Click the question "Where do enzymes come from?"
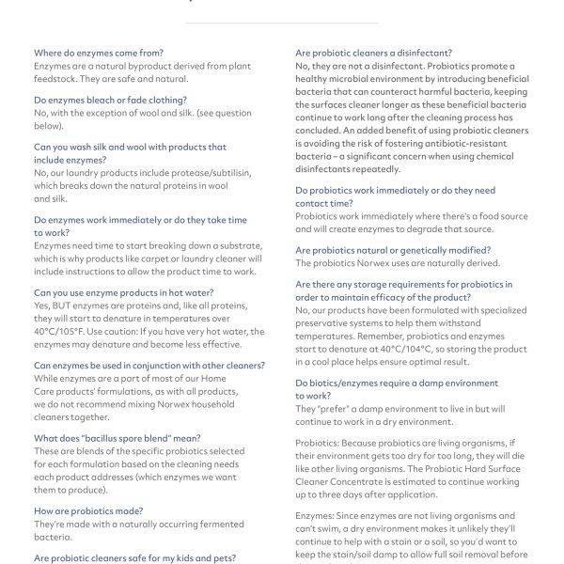click(98, 53)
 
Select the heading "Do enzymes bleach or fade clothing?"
click(110, 100)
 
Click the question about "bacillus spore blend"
click(117, 438)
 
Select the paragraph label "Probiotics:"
click(321, 443)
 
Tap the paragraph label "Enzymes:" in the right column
click(318, 515)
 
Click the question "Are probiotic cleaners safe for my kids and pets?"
click(133, 558)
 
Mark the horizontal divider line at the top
click(282, 23)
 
